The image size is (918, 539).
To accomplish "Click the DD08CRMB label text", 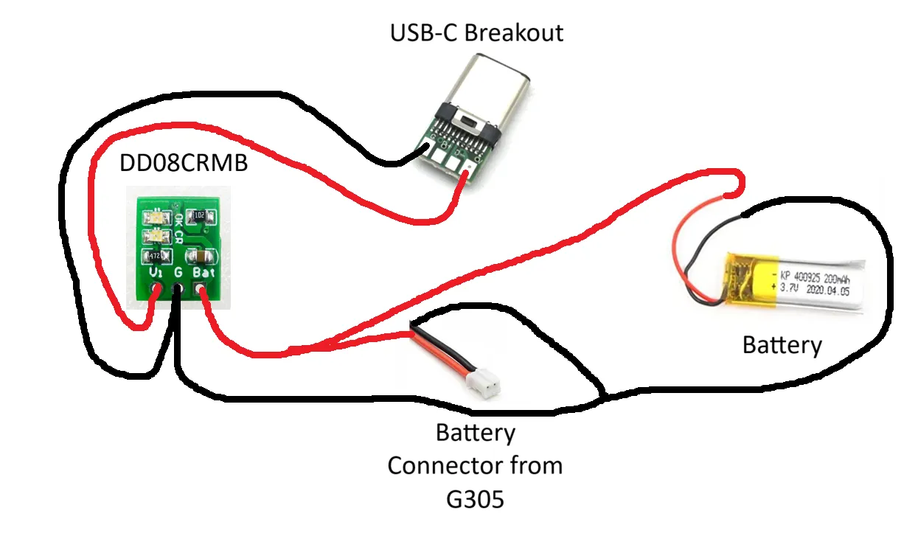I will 184,163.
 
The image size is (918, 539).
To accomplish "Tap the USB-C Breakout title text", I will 477,33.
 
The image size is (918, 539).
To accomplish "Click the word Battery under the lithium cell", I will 782,344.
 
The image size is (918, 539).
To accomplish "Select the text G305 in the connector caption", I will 475,499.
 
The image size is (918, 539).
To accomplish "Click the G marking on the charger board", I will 178,273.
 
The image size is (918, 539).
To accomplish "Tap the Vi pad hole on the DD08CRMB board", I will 156,290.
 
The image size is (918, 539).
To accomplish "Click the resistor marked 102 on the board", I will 199,216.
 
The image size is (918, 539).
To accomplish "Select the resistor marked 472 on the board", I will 155,255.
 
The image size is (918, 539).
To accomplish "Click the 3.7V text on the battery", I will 793,290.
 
